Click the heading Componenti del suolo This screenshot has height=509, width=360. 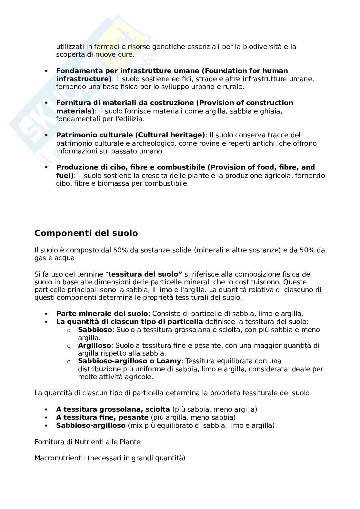tap(86, 233)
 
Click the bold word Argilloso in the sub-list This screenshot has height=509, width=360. tap(95, 346)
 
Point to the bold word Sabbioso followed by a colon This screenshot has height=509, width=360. tap(95, 330)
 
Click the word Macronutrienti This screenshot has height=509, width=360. tap(60, 458)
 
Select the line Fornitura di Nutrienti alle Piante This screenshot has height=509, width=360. tap(87, 442)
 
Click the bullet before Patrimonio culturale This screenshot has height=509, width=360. tap(46, 135)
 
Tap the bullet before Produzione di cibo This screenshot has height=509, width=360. tap(46, 168)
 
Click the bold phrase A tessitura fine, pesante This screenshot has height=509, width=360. tap(102, 417)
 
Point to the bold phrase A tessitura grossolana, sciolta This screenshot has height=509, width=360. tap(113, 409)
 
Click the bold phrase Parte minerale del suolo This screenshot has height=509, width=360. tap(102, 314)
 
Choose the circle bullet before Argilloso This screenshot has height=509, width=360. tap(69, 346)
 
